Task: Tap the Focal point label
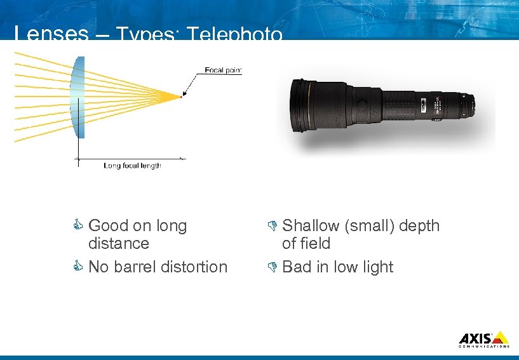coord(222,70)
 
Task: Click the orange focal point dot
coord(181,97)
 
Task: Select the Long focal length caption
coord(132,166)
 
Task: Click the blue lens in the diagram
coord(78,95)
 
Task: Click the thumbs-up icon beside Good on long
coord(80,225)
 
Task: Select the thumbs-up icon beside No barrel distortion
coord(80,267)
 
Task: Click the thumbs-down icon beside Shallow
coord(273,225)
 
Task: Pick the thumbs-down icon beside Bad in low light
coord(273,267)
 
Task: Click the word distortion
coord(196,267)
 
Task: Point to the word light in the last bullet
coord(378,267)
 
